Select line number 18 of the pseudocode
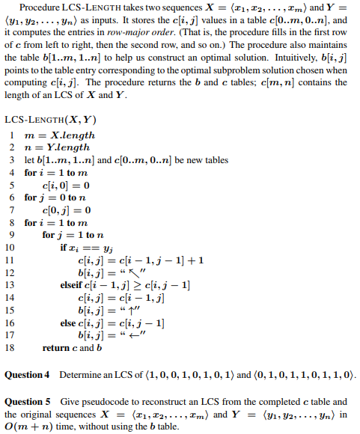pyautogui.click(x=10, y=348)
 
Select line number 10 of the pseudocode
pyautogui.click(x=10, y=247)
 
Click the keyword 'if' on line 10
pyautogui.click(x=64, y=247)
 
